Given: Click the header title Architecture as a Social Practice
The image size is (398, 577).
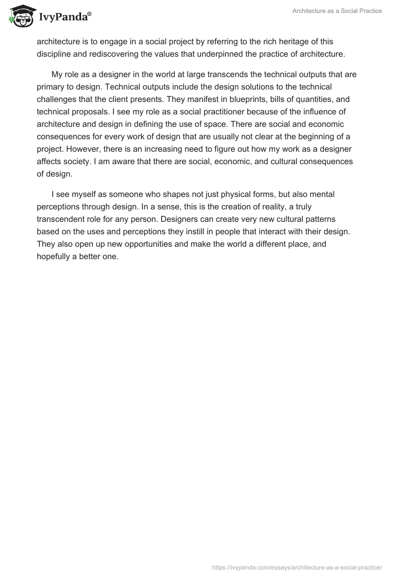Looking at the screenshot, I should coord(337,11).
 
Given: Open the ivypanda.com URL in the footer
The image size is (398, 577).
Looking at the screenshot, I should coord(297,567).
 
